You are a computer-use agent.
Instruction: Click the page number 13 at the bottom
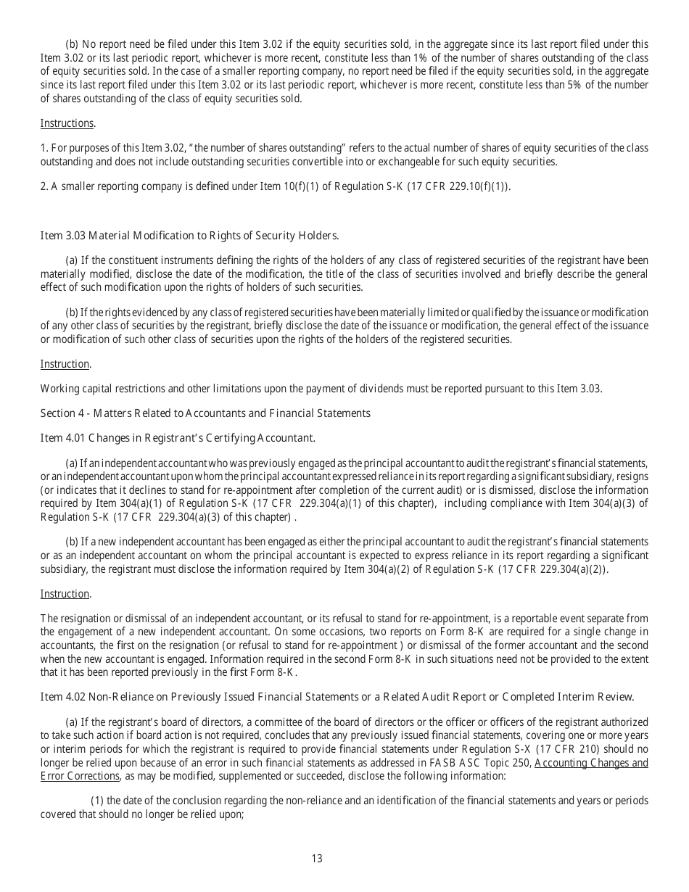click(317, 859)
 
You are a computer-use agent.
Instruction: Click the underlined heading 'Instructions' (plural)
click(67, 123)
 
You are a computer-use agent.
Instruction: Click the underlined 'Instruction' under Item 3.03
click(65, 364)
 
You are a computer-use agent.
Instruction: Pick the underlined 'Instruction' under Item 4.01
click(65, 594)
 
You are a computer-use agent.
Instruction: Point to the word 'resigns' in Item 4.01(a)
click(632, 476)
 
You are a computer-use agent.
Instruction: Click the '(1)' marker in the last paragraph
click(98, 801)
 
